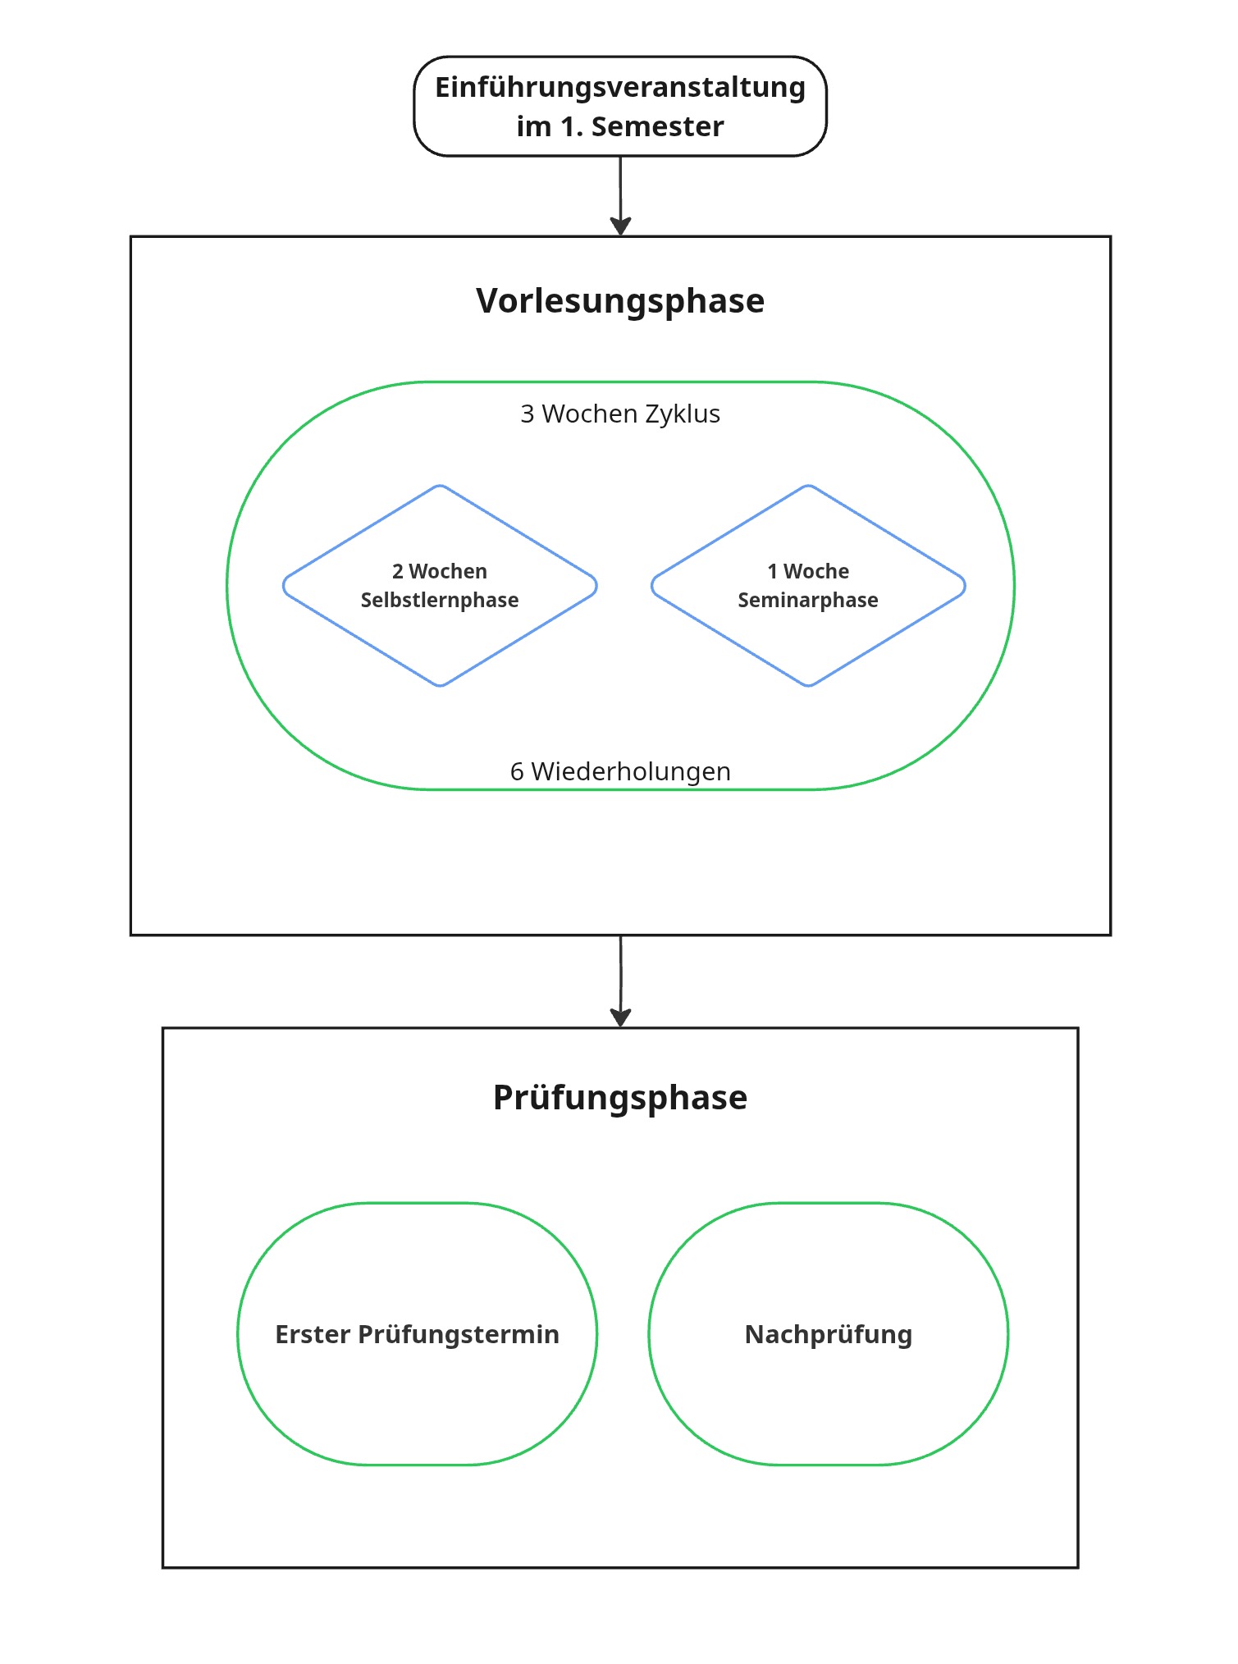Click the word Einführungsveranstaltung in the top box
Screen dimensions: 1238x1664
pyautogui.click(x=620, y=88)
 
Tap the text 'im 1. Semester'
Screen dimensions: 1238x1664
pyautogui.click(x=620, y=126)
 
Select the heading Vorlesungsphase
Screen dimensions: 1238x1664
pyautogui.click(x=620, y=301)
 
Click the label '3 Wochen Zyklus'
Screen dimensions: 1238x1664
pyautogui.click(x=620, y=414)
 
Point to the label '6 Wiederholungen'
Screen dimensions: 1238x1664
pyautogui.click(x=620, y=771)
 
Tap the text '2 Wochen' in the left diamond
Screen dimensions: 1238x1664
pyautogui.click(x=440, y=571)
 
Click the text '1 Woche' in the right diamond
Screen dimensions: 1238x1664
pyautogui.click(x=808, y=571)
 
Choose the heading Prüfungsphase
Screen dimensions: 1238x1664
pyautogui.click(x=620, y=1098)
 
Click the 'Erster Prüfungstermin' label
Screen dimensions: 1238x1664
pyautogui.click(x=418, y=1335)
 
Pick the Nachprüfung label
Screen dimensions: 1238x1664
pyautogui.click(x=829, y=1335)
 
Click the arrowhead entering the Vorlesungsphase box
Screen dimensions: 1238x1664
pyautogui.click(x=621, y=227)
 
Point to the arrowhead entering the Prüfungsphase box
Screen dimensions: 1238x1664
pyautogui.click(x=621, y=1018)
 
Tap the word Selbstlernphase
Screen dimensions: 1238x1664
pyautogui.click(x=440, y=600)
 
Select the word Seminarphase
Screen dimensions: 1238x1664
pyautogui.click(x=808, y=600)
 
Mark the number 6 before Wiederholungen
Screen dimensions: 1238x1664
pyautogui.click(x=517, y=771)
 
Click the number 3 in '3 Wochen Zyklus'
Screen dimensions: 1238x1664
pyautogui.click(x=528, y=414)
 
